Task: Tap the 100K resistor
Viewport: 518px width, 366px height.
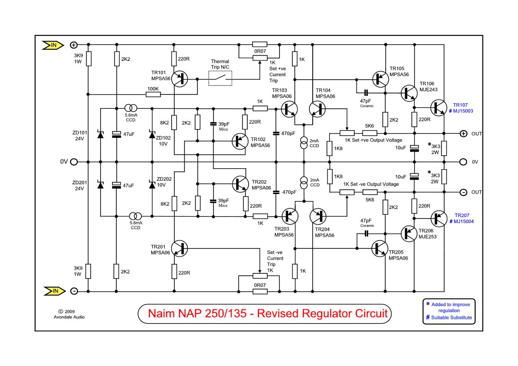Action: pos(153,94)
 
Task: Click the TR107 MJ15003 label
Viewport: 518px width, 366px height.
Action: pos(463,108)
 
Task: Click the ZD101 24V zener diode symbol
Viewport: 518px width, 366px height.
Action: pos(100,135)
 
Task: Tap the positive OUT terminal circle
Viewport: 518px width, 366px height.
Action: pos(463,134)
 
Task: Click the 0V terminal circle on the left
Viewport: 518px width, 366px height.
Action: pos(73,162)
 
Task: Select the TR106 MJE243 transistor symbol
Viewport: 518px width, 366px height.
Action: pos(408,93)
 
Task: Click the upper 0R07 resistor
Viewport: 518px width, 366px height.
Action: pos(259,45)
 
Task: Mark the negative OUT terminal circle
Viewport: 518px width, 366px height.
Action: pos(463,192)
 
